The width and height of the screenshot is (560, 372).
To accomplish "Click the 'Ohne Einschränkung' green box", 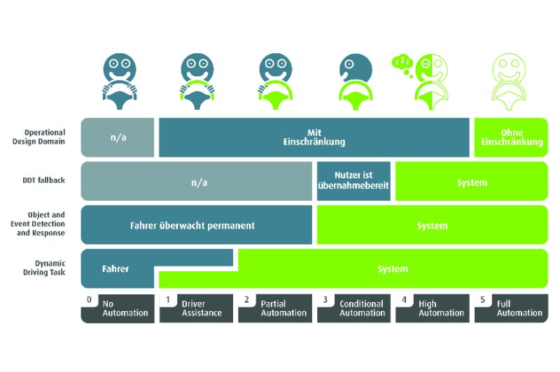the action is coord(511,137).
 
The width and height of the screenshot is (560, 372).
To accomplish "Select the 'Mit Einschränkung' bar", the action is coord(314,137).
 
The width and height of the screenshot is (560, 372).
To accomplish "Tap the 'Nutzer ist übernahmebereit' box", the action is coord(353,181).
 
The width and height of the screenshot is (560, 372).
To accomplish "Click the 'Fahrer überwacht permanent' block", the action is coord(197,224).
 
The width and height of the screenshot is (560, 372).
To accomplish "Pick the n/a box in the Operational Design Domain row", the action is coord(118,137).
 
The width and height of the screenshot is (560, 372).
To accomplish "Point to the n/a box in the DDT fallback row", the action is coord(197,181).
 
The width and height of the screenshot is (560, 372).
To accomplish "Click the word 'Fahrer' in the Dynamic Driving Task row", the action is coord(115,269).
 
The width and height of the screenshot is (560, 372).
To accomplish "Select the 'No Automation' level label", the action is coord(118,308).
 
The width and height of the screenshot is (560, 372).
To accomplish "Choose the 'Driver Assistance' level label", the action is coord(196,308).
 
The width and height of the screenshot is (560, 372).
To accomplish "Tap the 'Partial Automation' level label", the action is coord(275,308).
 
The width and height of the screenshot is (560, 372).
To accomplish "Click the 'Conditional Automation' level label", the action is coord(353,308).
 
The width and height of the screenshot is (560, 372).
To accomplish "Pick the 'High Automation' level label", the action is coord(433,308).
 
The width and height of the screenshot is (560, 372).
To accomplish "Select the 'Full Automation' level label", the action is coord(511,308).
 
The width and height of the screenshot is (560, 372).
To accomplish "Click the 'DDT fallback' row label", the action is coord(44,180).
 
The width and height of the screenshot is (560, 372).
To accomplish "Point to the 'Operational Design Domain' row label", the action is coord(39,137).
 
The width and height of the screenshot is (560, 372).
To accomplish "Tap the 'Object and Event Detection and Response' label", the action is coord(38,224).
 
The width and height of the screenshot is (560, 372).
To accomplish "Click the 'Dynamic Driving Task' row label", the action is coord(44,268).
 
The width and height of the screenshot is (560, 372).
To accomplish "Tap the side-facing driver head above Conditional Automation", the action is coord(356,68).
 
